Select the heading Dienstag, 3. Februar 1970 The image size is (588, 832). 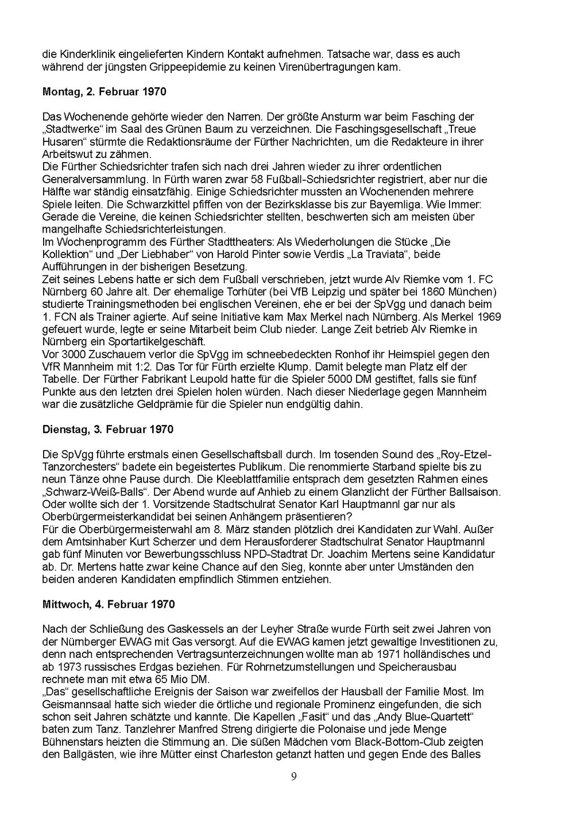(108, 429)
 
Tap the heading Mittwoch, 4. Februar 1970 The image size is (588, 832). (109, 604)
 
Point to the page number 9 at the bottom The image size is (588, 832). (294, 777)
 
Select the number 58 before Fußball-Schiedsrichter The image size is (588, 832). (258, 179)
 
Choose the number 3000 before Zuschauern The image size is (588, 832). (73, 355)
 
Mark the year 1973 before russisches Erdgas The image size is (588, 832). (69, 667)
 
